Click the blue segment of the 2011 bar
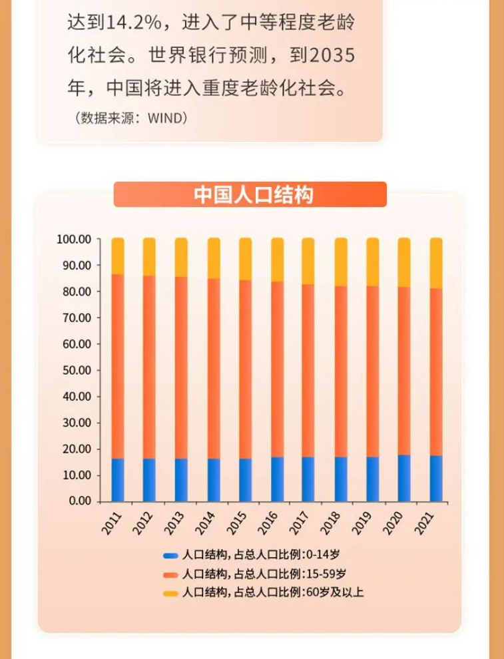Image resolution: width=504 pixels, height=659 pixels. tap(118, 479)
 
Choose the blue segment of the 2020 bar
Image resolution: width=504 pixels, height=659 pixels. tap(404, 478)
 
